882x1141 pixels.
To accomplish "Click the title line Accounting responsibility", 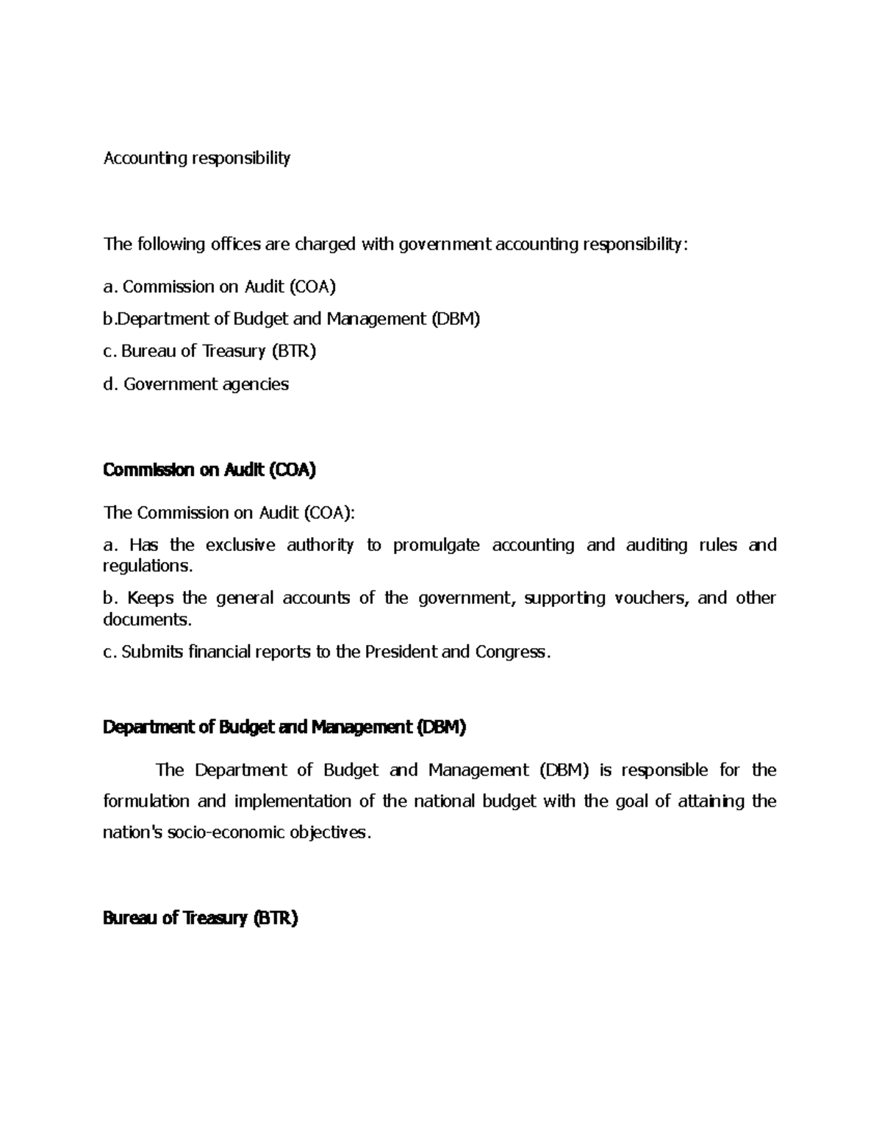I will point(197,159).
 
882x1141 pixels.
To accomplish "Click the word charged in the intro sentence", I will point(325,244).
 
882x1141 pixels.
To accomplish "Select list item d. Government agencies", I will point(196,384).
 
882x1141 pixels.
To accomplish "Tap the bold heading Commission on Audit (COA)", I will point(209,470).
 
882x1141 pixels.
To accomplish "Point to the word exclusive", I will point(240,545).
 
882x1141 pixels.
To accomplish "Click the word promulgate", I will point(436,545).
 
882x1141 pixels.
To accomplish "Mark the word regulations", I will point(148,566).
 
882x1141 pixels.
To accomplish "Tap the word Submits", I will point(152,652).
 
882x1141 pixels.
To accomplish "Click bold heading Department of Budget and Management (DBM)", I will point(284,727).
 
